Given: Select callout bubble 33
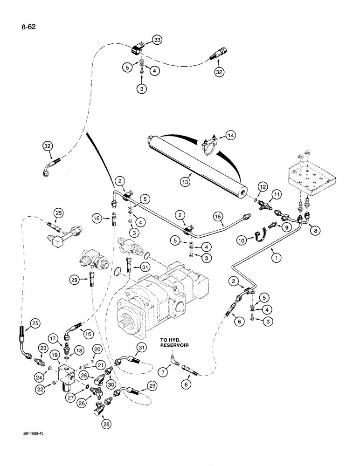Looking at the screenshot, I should (x=157, y=41).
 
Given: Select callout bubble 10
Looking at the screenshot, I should (x=242, y=240).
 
